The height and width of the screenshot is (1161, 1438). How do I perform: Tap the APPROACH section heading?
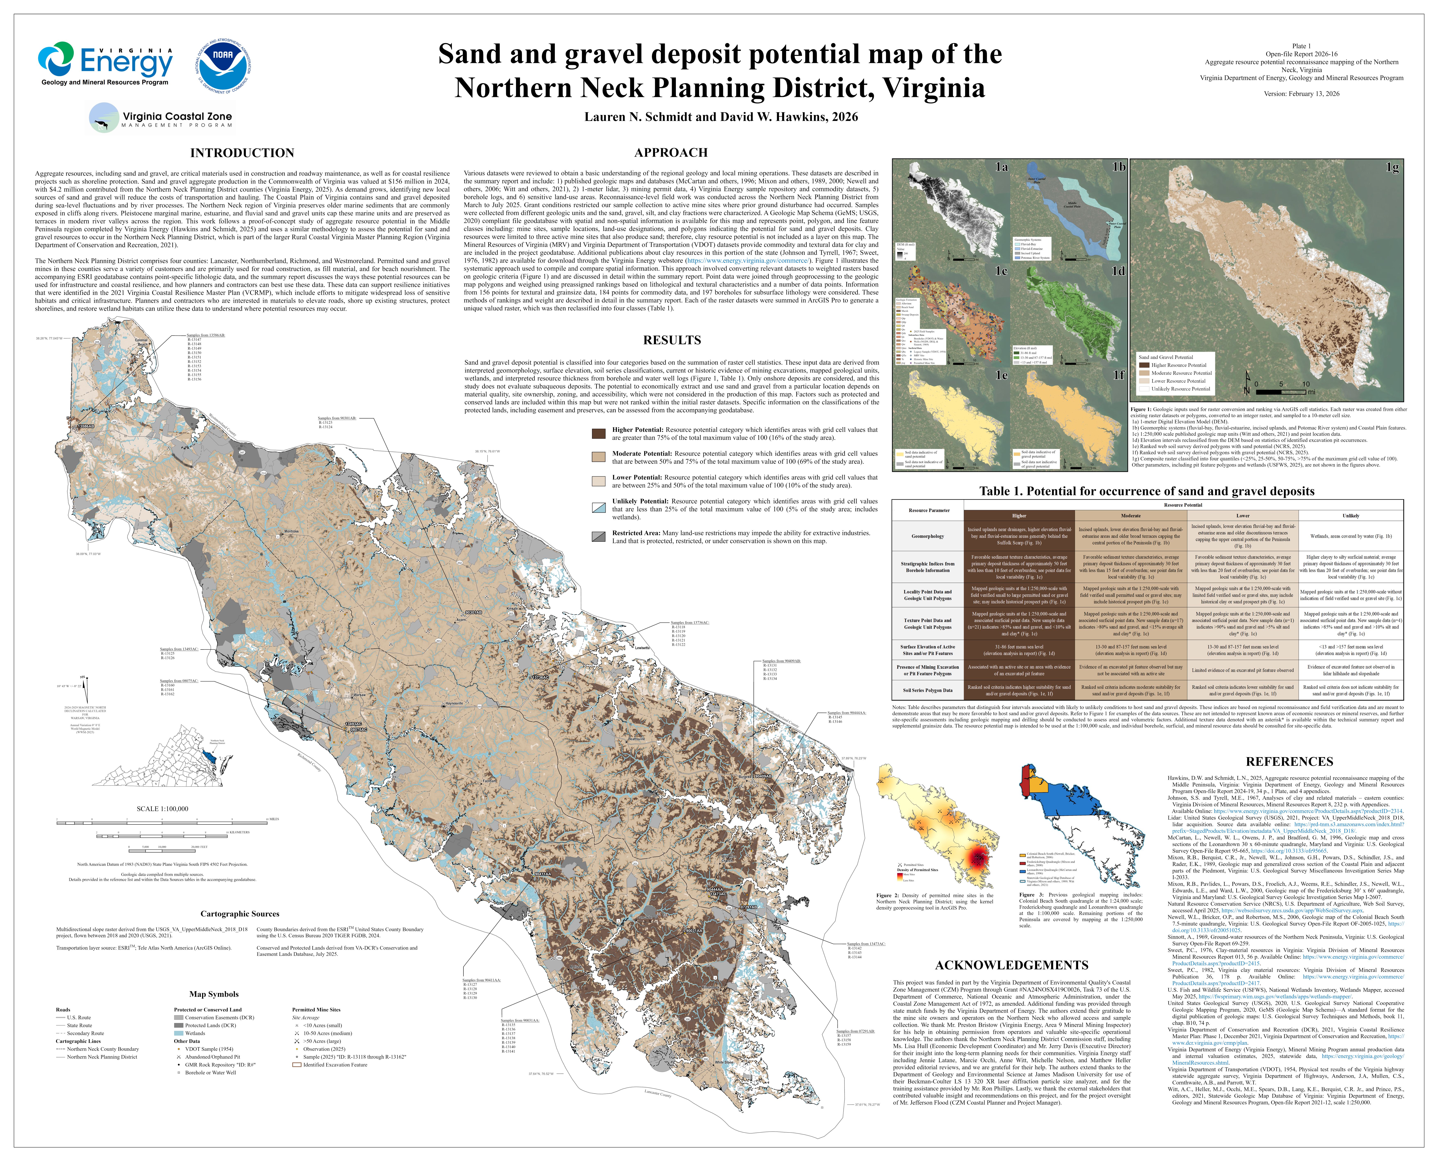671,153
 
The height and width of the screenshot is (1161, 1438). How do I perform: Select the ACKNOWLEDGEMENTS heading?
1011,965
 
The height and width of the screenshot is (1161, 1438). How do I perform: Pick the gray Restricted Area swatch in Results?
599,536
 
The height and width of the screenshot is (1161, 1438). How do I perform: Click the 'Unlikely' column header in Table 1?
1350,516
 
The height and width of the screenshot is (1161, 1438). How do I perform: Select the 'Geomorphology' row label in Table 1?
928,536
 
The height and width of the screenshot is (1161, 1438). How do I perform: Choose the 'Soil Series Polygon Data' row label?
928,690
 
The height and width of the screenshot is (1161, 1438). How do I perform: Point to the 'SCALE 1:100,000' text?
163,809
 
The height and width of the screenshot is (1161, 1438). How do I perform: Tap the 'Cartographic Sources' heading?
240,914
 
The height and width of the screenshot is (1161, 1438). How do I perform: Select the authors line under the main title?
721,117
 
